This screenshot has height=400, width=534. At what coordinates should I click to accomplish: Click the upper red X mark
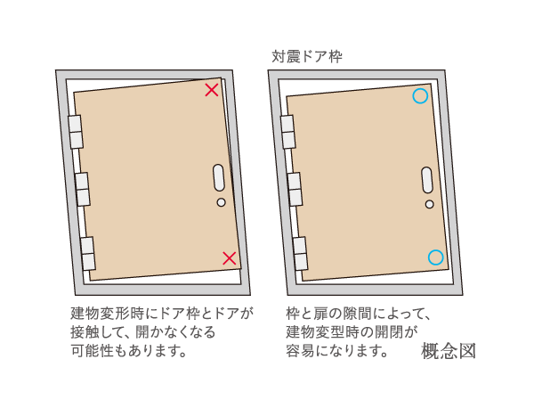(212, 89)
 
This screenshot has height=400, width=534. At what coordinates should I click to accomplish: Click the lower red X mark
(229, 258)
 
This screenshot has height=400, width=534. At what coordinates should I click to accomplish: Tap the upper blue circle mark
(420, 95)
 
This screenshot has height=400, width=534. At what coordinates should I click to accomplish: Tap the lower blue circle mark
(435, 257)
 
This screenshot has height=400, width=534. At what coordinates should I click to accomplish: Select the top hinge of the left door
(76, 132)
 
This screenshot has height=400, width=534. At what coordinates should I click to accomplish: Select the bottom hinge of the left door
(87, 254)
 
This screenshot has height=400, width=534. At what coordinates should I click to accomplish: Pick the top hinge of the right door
(288, 132)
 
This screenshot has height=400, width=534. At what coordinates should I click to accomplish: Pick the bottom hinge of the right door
(300, 254)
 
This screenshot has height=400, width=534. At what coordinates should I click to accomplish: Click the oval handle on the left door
(219, 178)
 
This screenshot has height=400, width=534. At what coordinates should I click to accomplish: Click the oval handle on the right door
(427, 179)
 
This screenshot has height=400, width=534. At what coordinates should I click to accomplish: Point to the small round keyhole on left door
(221, 203)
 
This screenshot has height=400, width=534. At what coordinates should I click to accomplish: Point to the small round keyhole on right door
(429, 204)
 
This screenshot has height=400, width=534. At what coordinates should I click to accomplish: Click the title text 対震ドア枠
(307, 56)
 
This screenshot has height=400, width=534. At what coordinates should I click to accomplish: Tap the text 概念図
(449, 350)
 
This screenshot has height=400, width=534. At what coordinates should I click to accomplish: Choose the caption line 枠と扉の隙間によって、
(359, 314)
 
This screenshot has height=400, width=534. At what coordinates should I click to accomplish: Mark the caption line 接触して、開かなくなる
(143, 331)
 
